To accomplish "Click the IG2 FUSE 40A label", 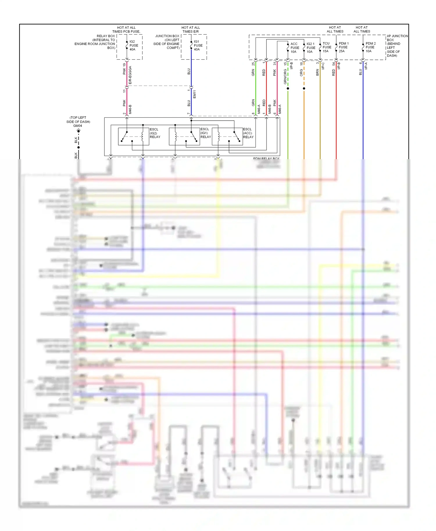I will tap(134, 46).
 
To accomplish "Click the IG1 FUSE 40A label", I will tap(198, 46).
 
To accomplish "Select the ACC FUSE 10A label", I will tap(295, 48).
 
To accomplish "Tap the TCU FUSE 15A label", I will tap(327, 47).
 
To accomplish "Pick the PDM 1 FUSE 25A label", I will tap(343, 47).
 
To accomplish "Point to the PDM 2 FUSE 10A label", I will tap(370, 47).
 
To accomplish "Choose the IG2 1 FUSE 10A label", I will tap(310, 48).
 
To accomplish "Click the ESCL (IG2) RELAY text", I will tap(155, 133).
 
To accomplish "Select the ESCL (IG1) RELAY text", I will tap(205, 133).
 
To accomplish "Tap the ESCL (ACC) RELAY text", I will tap(248, 133).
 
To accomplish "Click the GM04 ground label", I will tap(78, 126).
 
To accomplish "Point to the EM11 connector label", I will tap(194, 94).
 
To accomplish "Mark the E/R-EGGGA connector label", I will tap(130, 75).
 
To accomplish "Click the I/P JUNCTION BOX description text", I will tap(397, 46).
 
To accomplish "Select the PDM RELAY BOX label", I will tap(266, 158).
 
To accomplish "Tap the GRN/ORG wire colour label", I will tap(285, 77).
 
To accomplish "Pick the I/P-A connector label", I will tap(366, 66).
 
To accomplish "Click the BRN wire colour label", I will tap(317, 72).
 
